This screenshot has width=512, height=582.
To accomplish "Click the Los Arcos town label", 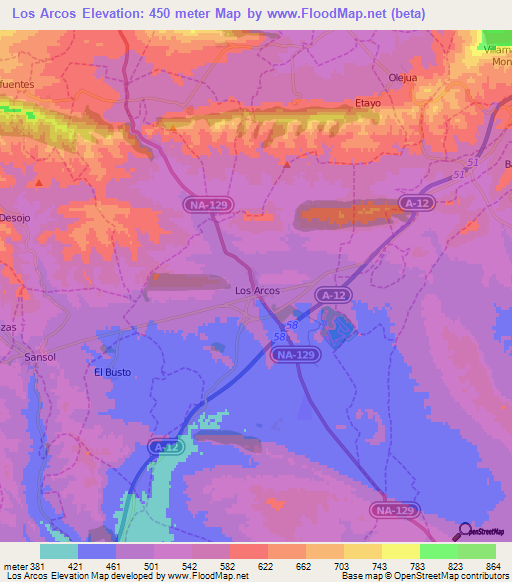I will pos(257,290).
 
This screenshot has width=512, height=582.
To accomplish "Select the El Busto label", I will pos(112,372).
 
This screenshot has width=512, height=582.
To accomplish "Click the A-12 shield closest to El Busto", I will pos(168,447).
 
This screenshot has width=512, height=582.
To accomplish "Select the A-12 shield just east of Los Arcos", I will pos(334,295).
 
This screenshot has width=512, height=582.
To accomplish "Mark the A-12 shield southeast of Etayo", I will pos(419,203).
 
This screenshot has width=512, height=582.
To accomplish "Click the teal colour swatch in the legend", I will pos(59,551).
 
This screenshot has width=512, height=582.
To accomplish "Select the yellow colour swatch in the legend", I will pos(401,551).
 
